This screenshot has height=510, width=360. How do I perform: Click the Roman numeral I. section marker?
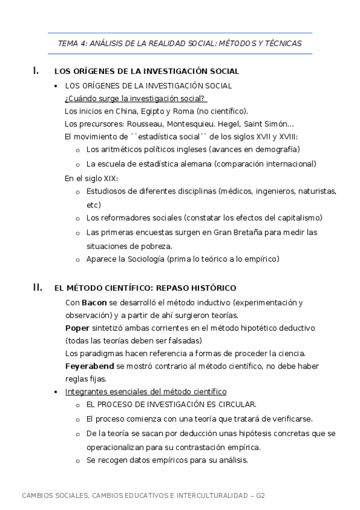pos(36,70)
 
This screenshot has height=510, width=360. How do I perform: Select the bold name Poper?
pos(77,328)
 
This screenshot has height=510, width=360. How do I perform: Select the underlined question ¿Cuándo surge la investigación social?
pos(135,98)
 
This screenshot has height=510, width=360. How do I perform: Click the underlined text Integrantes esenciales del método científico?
pos(145,392)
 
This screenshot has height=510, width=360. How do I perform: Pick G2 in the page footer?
pos(260,496)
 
